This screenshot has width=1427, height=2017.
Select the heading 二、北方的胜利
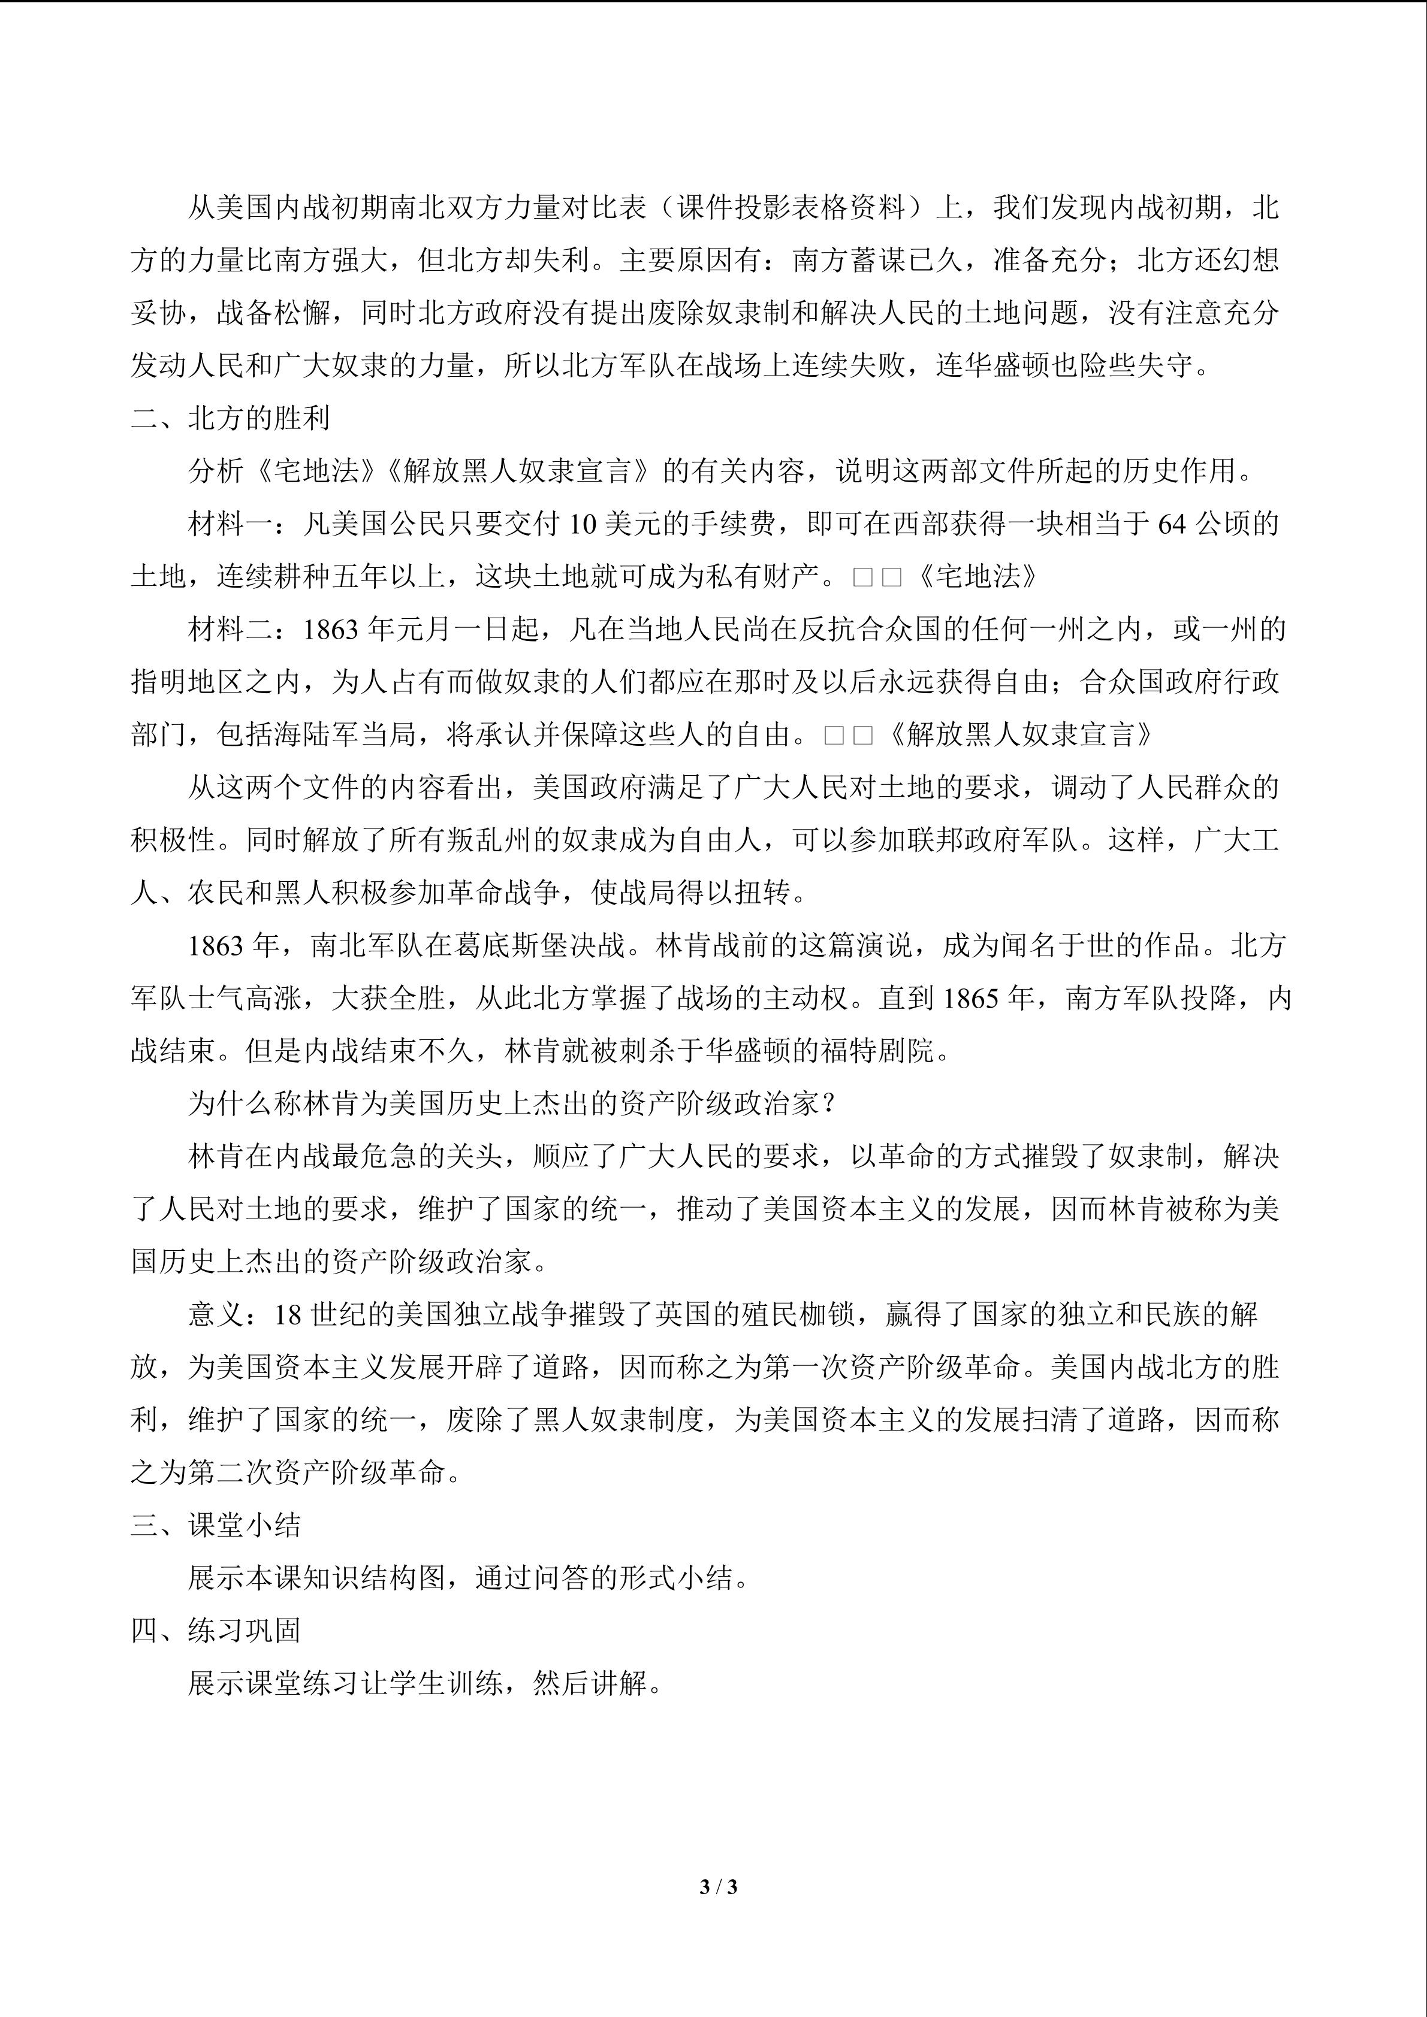click(230, 418)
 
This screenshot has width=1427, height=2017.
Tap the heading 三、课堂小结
click(215, 1525)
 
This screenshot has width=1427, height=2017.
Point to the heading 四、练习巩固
click(215, 1631)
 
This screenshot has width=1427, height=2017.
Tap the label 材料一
click(230, 524)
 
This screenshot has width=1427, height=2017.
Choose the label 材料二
click(230, 629)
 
